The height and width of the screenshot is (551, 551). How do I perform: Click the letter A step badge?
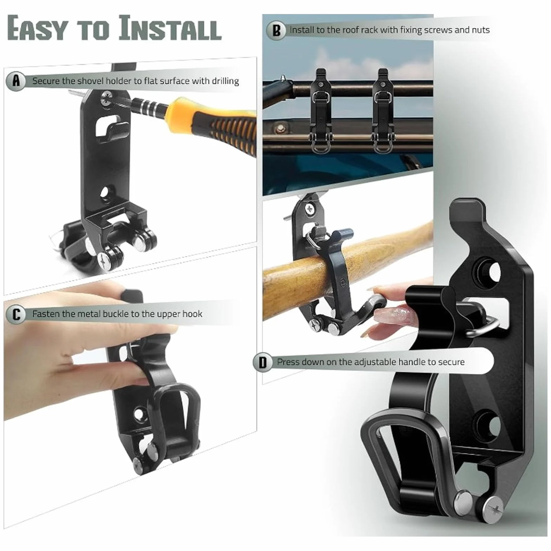click(16, 81)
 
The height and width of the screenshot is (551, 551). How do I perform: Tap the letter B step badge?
click(276, 30)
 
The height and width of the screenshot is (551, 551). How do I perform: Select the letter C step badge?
click(16, 314)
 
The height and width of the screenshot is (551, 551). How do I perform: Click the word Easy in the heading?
click(37, 28)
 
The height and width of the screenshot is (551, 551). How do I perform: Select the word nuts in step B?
click(481, 30)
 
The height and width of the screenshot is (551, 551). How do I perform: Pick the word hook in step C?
click(193, 314)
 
